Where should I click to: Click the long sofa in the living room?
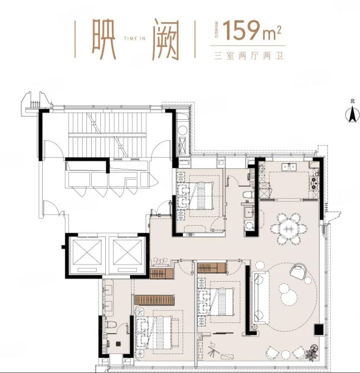261,296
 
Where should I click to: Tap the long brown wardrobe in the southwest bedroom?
154,300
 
